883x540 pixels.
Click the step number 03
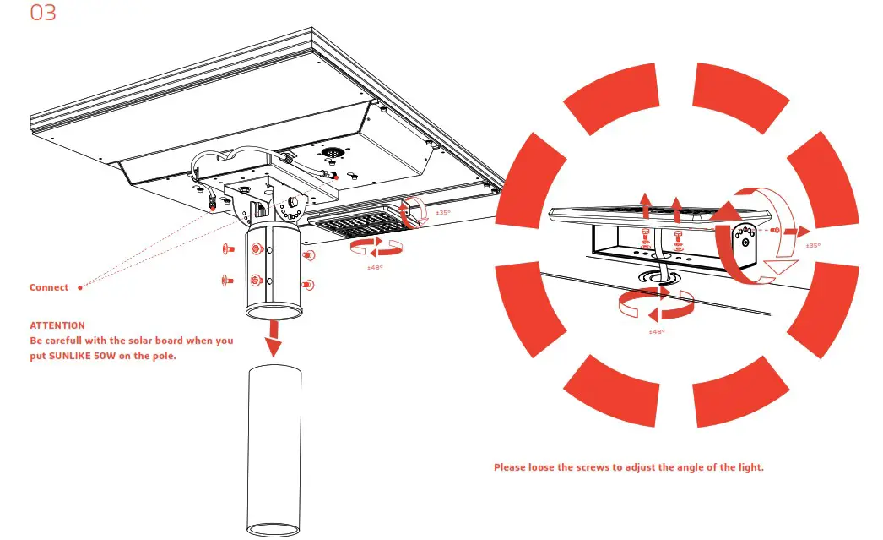coord(43,14)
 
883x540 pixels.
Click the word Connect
coord(49,287)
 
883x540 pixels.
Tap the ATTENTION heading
coord(57,325)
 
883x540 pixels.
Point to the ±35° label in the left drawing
coord(442,212)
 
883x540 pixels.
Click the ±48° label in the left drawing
coord(376,266)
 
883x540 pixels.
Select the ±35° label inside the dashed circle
coord(813,245)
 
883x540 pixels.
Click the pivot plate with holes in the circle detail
coord(743,241)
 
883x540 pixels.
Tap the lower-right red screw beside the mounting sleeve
coord(307,283)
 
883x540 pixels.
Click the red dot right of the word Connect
coord(80,287)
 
